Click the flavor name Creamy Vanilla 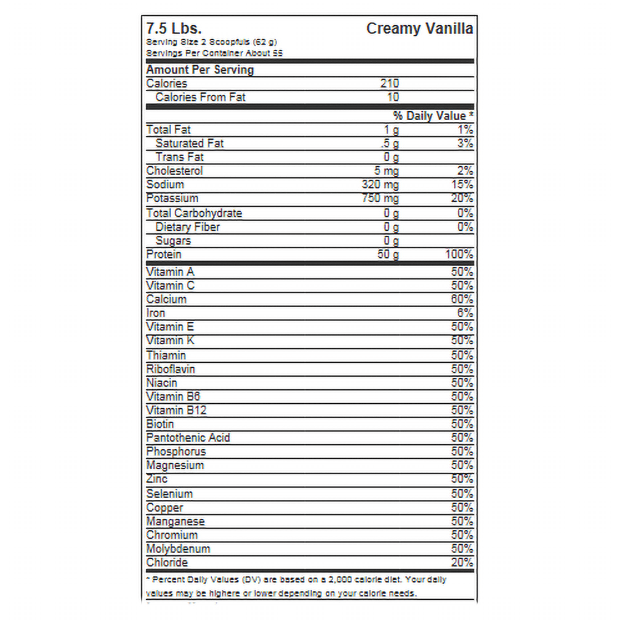click(419, 29)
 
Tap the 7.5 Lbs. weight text click(174, 29)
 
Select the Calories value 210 click(389, 84)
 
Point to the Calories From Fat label click(200, 97)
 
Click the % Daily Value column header click(433, 116)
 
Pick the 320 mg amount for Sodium click(380, 185)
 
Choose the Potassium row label click(172, 198)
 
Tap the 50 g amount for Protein click(388, 254)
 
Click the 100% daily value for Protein click(459, 254)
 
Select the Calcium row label click(166, 299)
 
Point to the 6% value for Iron click(465, 313)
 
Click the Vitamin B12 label click(176, 411)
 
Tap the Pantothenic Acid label click(188, 438)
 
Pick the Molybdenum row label click(178, 549)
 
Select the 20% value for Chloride click(462, 563)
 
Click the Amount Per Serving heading click(200, 70)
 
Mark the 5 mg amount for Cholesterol click(386, 171)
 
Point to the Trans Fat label click(180, 157)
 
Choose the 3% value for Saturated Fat click(465, 143)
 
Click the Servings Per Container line click(215, 53)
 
